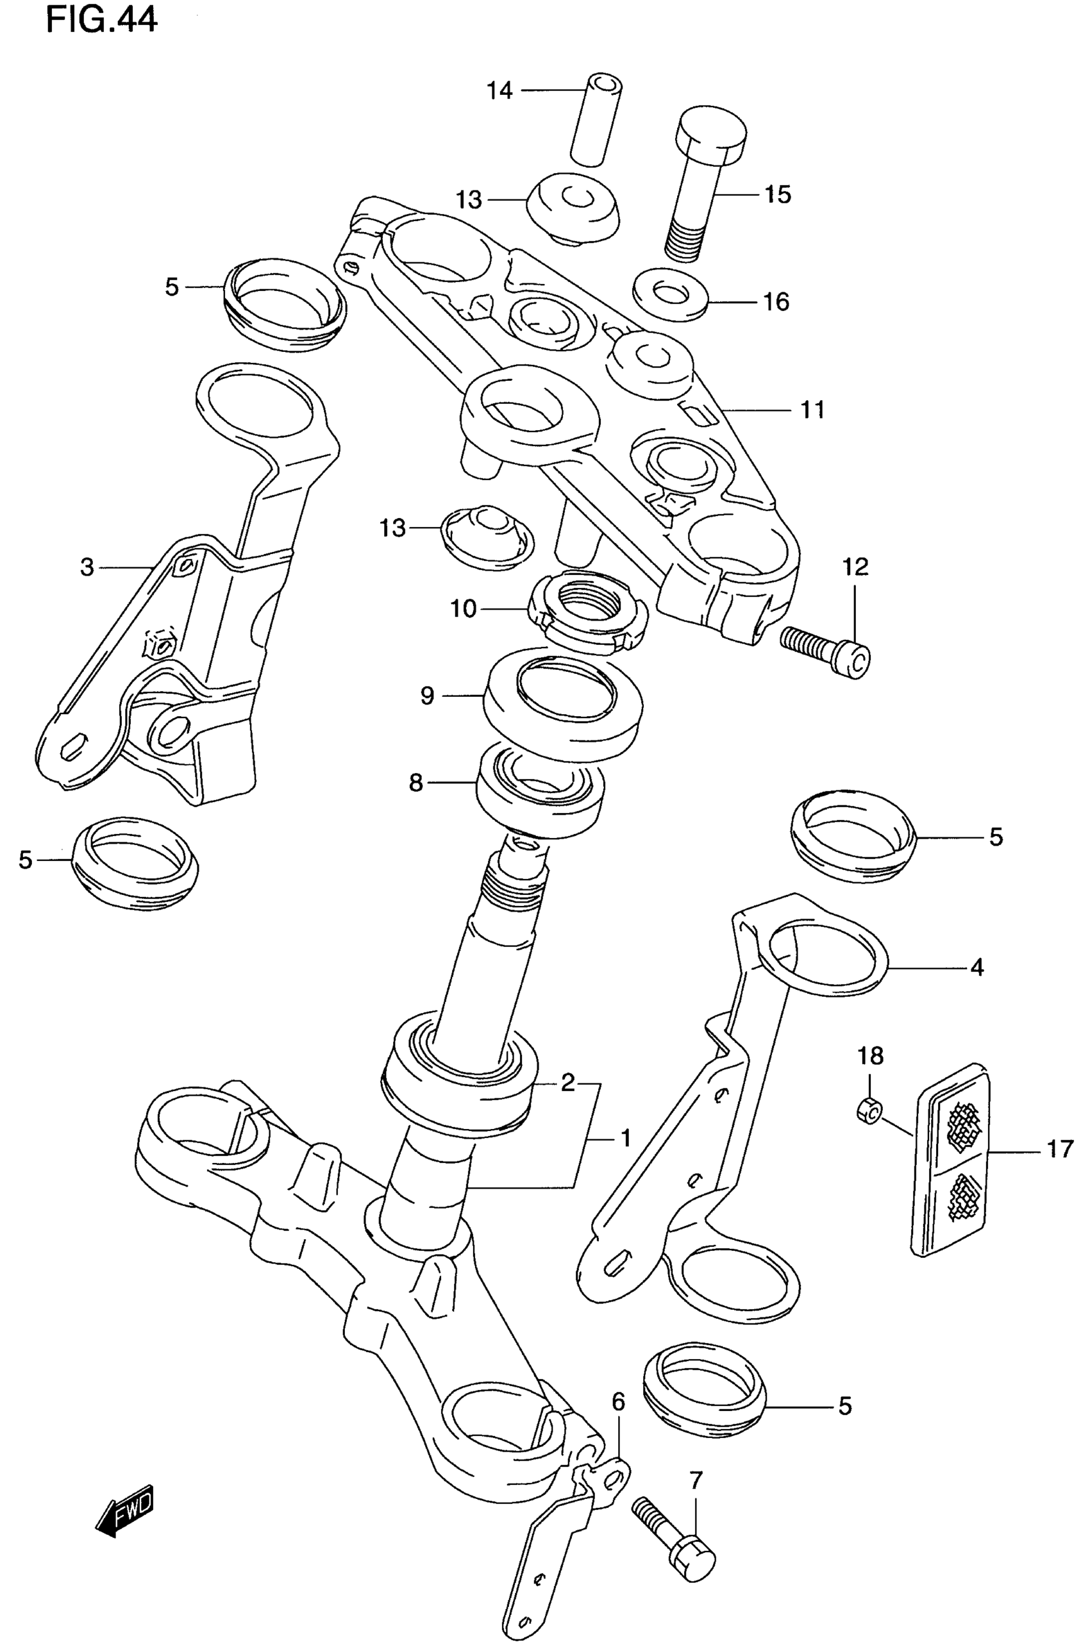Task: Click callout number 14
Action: coord(499,90)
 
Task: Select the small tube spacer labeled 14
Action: coord(596,119)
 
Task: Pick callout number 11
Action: coord(812,410)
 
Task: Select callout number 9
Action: coord(427,695)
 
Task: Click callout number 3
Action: coord(87,568)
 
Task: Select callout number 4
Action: coord(977,967)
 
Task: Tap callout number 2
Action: coord(568,1082)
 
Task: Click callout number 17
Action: coord(1060,1150)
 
